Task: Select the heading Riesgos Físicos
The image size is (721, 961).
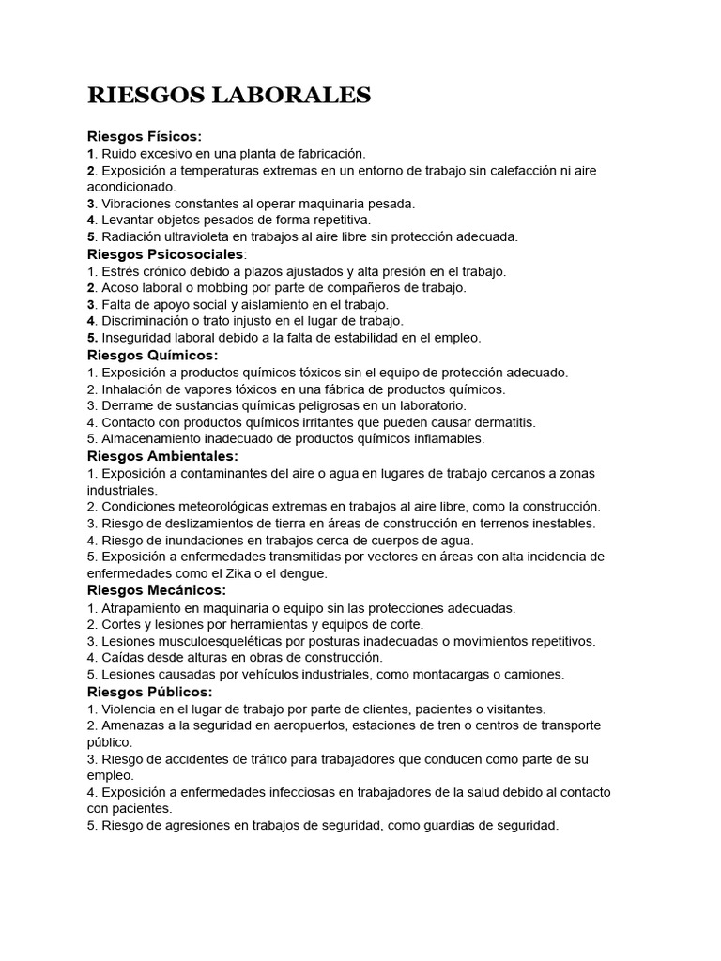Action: [144, 136]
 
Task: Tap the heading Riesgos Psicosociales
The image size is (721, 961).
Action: [165, 254]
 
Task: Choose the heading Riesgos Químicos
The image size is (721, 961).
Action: [152, 356]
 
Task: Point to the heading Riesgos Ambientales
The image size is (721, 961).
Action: [162, 456]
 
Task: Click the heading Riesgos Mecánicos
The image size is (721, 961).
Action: [157, 590]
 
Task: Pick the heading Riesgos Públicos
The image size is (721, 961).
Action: [149, 692]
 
